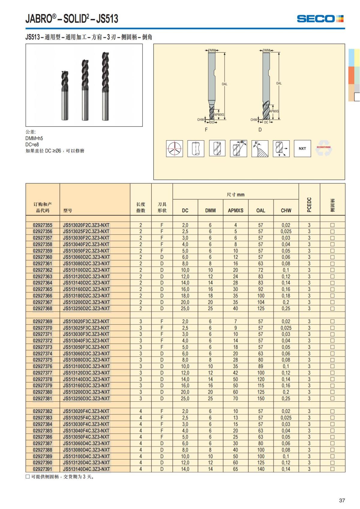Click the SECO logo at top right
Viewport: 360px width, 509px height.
pyautogui.click(x=320, y=19)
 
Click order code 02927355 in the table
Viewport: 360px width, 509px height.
pyautogui.click(x=43, y=225)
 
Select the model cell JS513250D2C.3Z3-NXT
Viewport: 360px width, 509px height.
pyautogui.click(x=86, y=308)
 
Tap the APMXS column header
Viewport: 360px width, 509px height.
pyautogui.click(x=235, y=210)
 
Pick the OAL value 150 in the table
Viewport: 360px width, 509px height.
pyautogui.click(x=261, y=398)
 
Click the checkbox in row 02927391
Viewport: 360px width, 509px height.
pyautogui.click(x=332, y=469)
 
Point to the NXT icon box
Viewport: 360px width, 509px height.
pyautogui.click(x=302, y=148)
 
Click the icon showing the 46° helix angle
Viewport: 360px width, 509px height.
pyautogui.click(x=238, y=148)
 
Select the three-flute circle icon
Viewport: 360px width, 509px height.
pyautogui.click(x=175, y=148)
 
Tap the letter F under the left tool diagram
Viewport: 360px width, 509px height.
pyautogui.click(x=206, y=130)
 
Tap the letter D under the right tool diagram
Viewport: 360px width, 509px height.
pyautogui.click(x=260, y=130)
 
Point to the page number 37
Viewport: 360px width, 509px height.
pyautogui.click(x=342, y=500)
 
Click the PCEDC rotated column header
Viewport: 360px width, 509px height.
pyautogui.click(x=309, y=205)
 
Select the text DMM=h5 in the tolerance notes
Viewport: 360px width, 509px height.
pyautogui.click(x=34, y=138)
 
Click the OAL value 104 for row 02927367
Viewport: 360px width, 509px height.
pyautogui.click(x=261, y=302)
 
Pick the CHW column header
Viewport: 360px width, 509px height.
pyautogui.click(x=286, y=210)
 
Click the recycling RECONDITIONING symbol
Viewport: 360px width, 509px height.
pyautogui.click(x=323, y=148)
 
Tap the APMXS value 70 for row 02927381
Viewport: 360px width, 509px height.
pyautogui.click(x=235, y=398)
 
